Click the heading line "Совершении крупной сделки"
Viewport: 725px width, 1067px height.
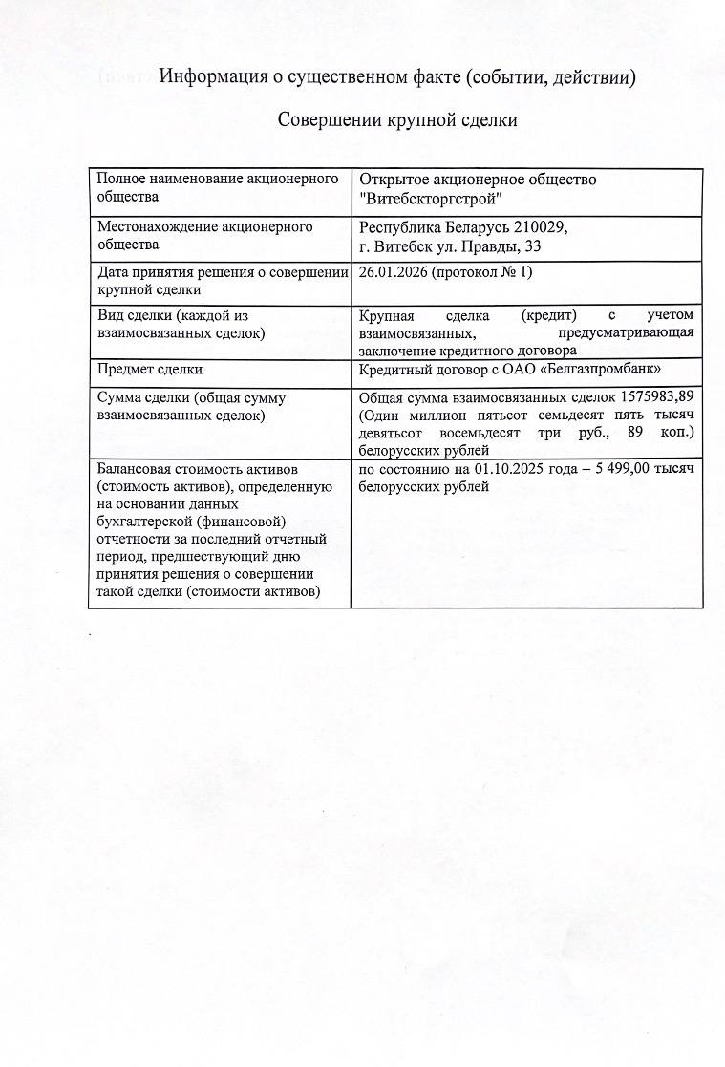397,120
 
